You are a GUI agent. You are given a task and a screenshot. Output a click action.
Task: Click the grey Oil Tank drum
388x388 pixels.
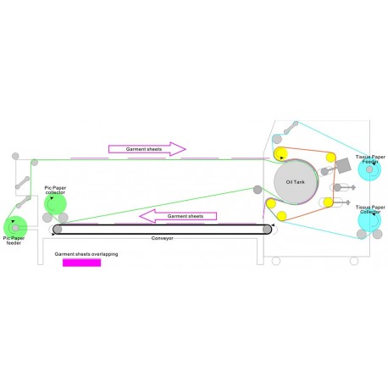pyautogui.click(x=296, y=181)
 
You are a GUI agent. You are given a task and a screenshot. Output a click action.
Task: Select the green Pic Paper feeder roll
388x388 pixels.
pyautogui.click(x=15, y=228)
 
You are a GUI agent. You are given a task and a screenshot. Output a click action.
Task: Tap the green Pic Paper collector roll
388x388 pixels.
pyautogui.click(x=55, y=204)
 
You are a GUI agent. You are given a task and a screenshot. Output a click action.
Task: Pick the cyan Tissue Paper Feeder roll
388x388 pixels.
pyautogui.click(x=369, y=169)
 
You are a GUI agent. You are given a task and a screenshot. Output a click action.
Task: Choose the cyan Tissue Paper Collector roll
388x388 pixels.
pyautogui.click(x=369, y=220)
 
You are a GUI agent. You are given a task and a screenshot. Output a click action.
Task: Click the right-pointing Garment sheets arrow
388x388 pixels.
pyautogui.click(x=147, y=149)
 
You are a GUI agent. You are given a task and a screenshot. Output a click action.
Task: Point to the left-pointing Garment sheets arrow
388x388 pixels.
pyautogui.click(x=178, y=216)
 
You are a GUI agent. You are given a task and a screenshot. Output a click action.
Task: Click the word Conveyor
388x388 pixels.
pyautogui.click(x=163, y=238)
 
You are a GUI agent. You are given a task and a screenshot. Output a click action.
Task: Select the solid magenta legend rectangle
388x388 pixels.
pyautogui.click(x=81, y=263)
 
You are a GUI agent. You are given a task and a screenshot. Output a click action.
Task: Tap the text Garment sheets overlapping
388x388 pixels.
pyautogui.click(x=86, y=254)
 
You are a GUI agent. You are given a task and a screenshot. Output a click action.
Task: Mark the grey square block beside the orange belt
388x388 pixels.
pyautogui.click(x=343, y=165)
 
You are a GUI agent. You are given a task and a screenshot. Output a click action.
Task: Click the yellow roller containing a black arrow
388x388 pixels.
pyautogui.click(x=280, y=154)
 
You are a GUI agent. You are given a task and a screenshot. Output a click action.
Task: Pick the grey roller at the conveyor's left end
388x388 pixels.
pyautogui.click(x=58, y=230)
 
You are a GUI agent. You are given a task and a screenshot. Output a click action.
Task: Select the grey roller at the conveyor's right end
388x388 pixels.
pyautogui.click(x=267, y=230)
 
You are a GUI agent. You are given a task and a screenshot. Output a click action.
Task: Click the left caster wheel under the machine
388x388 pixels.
pyautogui.click(x=276, y=261)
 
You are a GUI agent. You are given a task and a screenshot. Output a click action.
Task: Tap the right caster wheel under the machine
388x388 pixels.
pyautogui.click(x=354, y=261)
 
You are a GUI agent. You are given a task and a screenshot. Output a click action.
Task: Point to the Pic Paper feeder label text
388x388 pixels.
pyautogui.click(x=14, y=241)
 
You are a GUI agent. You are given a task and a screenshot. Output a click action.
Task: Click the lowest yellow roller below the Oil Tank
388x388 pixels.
pyautogui.click(x=281, y=216)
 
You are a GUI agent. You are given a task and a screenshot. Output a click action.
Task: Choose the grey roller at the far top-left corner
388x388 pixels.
pyautogui.click(x=15, y=156)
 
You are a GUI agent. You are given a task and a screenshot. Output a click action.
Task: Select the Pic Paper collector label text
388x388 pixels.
pyautogui.click(x=55, y=190)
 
